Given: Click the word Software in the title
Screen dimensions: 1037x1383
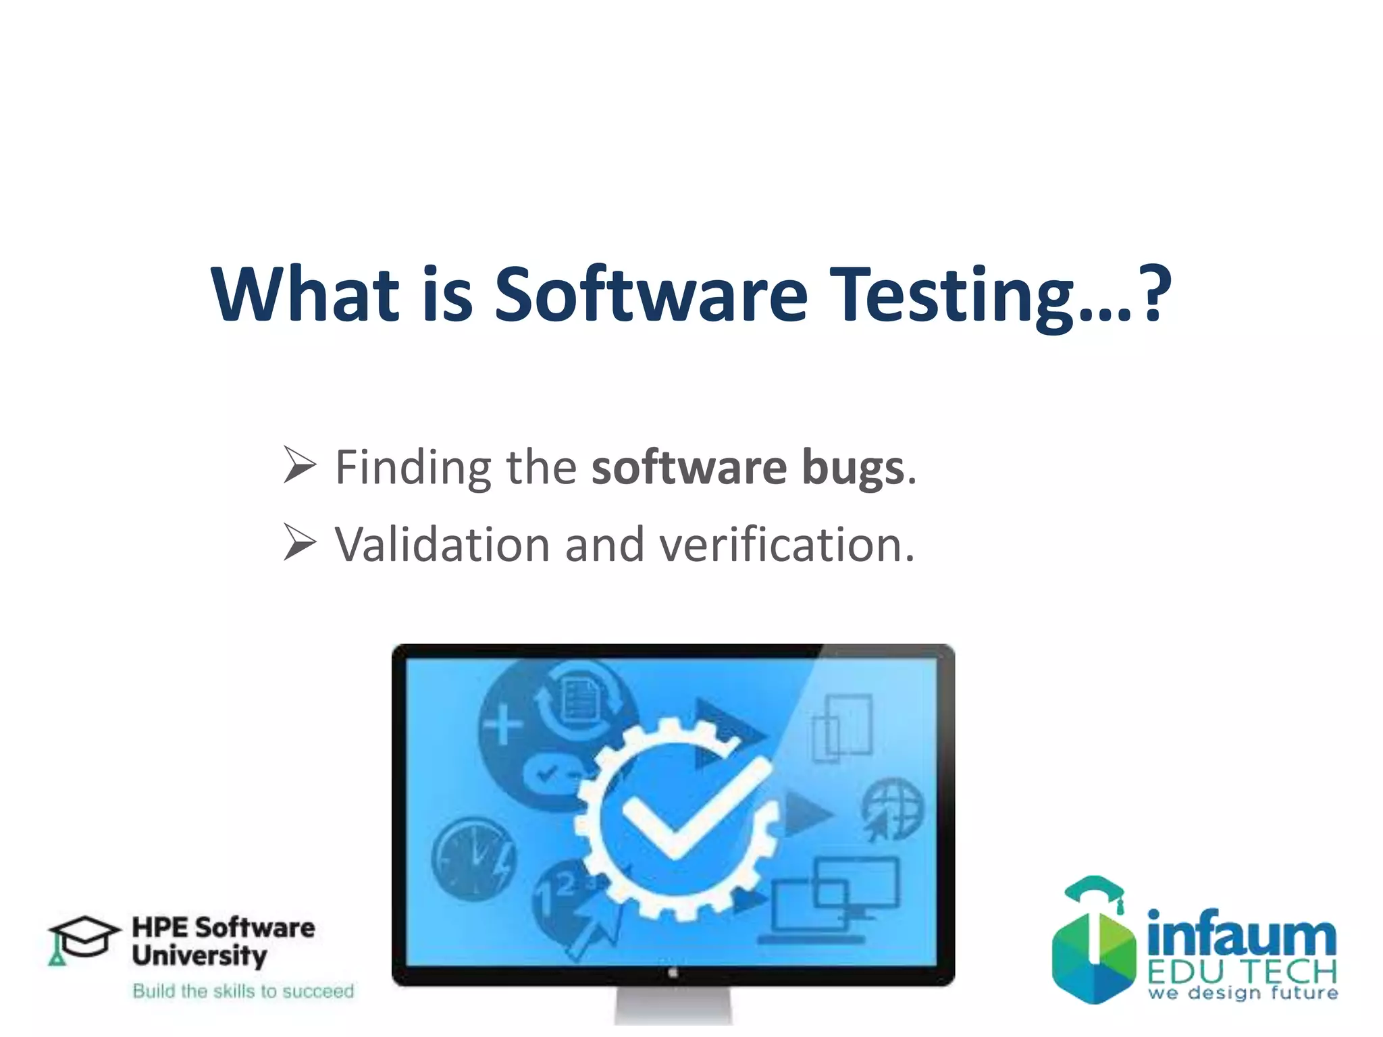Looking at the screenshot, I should (x=650, y=295).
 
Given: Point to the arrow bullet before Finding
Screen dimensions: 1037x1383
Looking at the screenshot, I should (x=299, y=465).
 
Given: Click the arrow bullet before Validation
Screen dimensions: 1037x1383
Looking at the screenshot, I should (x=299, y=542).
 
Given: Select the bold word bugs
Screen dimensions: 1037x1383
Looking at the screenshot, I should (x=853, y=468).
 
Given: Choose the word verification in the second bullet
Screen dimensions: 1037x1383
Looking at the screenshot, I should (x=786, y=544).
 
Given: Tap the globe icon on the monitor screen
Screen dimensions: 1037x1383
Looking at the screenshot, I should (x=893, y=809).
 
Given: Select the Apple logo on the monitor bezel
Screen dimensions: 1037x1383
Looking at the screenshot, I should (x=673, y=972).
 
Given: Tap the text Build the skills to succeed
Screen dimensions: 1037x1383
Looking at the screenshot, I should (x=243, y=990).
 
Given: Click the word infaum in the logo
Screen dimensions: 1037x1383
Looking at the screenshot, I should (x=1241, y=935).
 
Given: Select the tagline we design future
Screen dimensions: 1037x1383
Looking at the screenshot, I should (x=1243, y=992).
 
